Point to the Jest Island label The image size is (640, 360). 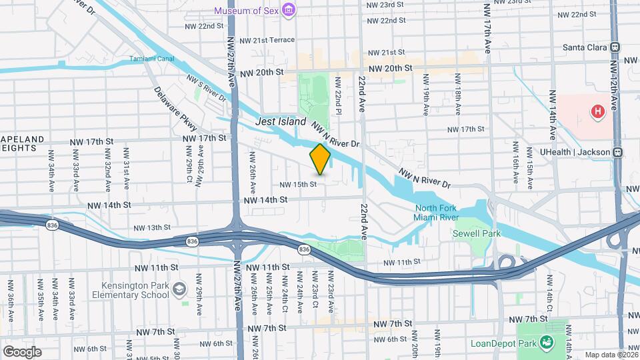(281, 122)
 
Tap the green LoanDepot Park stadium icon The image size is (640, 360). (547, 343)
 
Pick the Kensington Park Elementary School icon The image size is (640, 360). (179, 289)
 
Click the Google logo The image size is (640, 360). (22, 352)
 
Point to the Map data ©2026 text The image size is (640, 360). (611, 355)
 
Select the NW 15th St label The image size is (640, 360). (297, 184)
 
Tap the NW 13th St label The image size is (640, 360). (149, 227)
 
